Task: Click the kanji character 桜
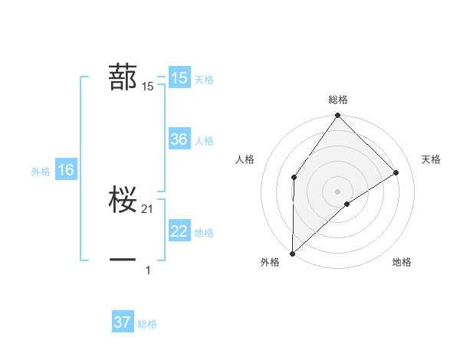(123, 199)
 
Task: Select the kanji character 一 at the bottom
(123, 260)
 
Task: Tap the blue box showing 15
(179, 78)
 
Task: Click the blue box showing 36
(179, 139)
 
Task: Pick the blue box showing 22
(179, 231)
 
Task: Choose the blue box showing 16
(65, 170)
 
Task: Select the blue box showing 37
(123, 322)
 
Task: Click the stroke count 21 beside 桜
(148, 209)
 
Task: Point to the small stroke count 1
(148, 270)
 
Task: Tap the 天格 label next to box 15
(204, 79)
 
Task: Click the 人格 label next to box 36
(204, 141)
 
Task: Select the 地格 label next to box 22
(204, 233)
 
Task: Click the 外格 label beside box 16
(41, 172)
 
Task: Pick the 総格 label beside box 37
(147, 324)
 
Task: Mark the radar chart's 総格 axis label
(337, 100)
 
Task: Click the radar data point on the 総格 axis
(337, 116)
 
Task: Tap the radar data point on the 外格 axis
(292, 254)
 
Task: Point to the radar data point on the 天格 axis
(396, 172)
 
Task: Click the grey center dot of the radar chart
(337, 191)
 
